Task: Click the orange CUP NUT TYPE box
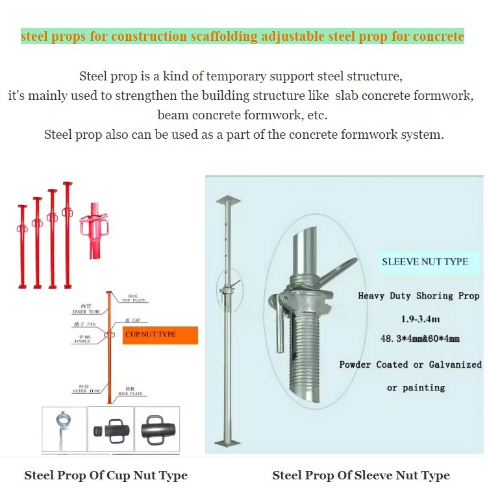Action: point(159,334)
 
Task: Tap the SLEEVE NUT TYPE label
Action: point(425,261)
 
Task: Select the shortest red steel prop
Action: point(22,246)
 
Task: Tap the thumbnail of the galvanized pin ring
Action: point(64,428)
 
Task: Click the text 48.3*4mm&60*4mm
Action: point(420,339)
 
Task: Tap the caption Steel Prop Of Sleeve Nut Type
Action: point(360,475)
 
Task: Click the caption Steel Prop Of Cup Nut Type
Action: point(106,475)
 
